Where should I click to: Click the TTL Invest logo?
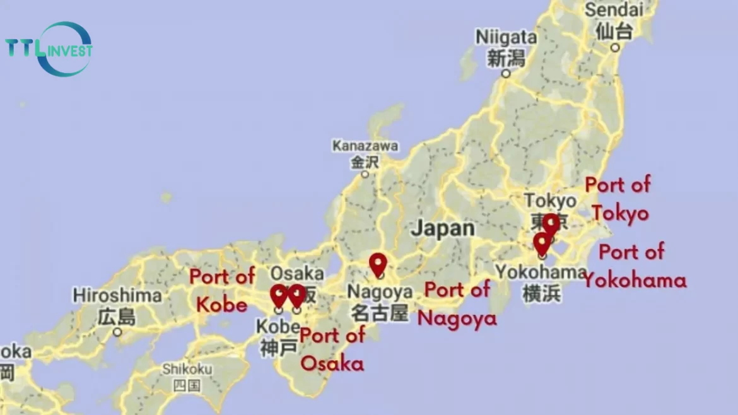(x=49, y=49)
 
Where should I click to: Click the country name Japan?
(x=443, y=228)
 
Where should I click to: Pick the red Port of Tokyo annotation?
(x=618, y=199)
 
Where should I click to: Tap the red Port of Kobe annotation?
(x=222, y=290)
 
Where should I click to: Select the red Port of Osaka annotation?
(x=332, y=349)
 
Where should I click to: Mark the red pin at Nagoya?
(x=378, y=264)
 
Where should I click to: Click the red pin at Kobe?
(x=279, y=295)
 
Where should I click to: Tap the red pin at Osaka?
(x=296, y=295)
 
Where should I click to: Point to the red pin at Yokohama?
(x=542, y=243)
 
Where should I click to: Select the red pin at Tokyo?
(x=551, y=225)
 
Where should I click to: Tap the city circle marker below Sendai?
(x=615, y=47)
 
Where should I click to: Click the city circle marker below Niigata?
(x=505, y=74)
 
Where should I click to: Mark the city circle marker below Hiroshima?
(x=117, y=332)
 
